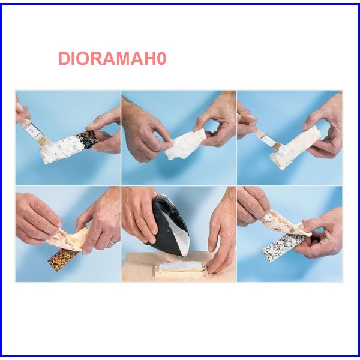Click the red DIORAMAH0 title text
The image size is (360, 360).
[x=112, y=59]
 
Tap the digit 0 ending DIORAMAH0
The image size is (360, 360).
[x=161, y=59]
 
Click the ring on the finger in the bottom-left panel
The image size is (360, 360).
[x=111, y=242]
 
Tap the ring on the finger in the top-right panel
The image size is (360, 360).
[x=331, y=140]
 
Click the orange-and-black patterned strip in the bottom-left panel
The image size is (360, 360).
[x=64, y=259]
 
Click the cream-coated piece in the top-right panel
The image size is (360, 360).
[x=295, y=147]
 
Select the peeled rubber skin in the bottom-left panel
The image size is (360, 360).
[x=69, y=239]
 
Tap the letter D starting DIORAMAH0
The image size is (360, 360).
[x=64, y=59]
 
